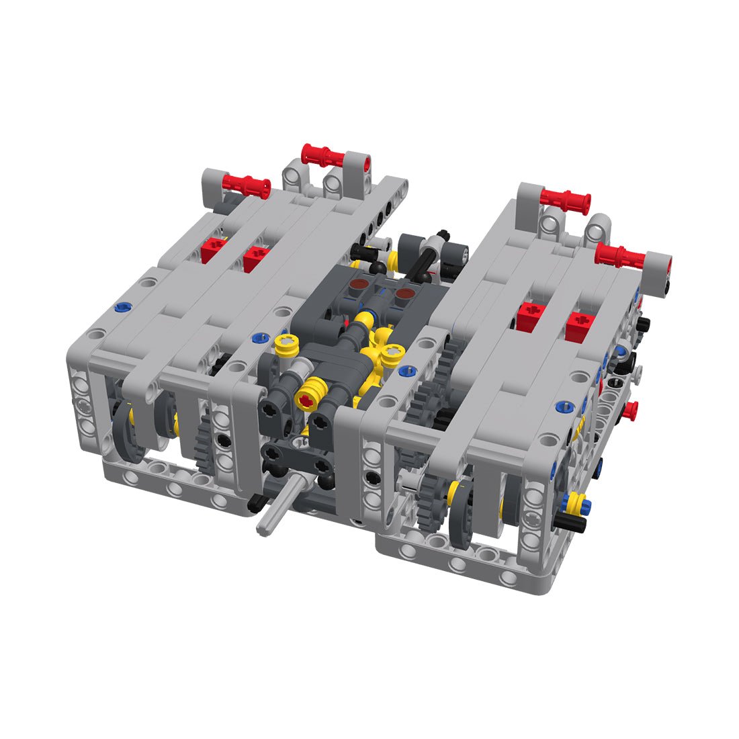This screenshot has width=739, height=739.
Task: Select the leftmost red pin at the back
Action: coord(245,185)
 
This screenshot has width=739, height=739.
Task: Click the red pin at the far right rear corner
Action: coord(621,255)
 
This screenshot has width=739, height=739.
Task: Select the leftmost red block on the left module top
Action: coord(214,249)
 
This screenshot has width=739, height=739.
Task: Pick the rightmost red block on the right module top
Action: coord(578,327)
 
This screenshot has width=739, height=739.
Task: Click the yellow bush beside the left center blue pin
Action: coord(286,345)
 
